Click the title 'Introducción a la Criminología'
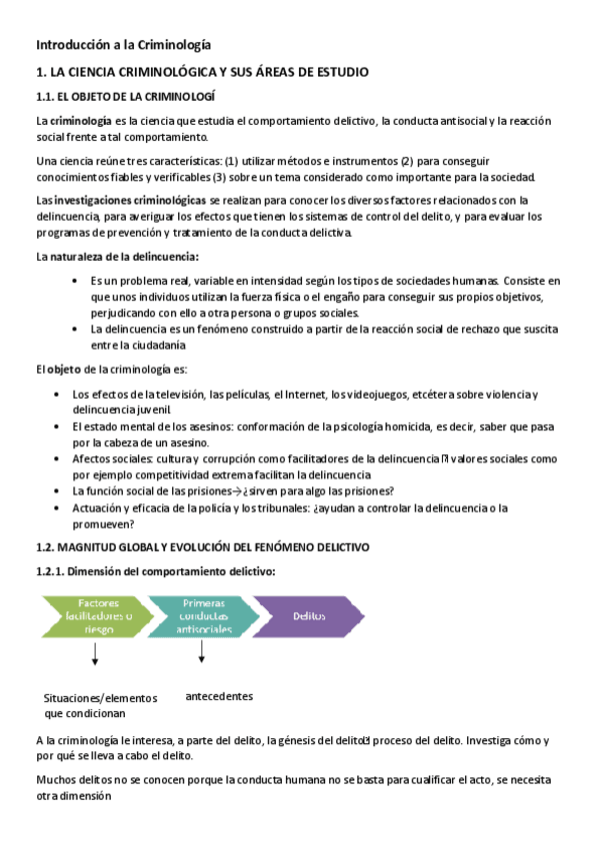click(x=123, y=45)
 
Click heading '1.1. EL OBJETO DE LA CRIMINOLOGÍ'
click(x=125, y=96)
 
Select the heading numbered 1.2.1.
click(x=155, y=570)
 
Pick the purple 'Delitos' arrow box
click(x=308, y=616)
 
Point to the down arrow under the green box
click(x=95, y=656)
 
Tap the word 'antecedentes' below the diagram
click(x=220, y=695)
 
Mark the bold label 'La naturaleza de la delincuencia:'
click(x=117, y=257)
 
